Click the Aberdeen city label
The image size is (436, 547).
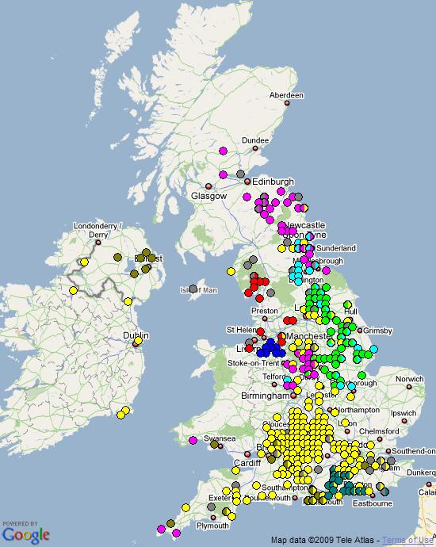click(286, 95)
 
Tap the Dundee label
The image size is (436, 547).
click(255, 140)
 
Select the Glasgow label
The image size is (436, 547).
click(208, 196)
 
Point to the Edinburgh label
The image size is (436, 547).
click(273, 182)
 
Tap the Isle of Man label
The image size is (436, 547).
click(198, 290)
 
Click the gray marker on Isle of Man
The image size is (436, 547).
click(193, 289)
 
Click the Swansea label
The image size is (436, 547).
click(220, 438)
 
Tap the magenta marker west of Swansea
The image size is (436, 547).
click(193, 440)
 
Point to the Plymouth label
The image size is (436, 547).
click(212, 525)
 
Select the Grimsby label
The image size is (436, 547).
click(387, 330)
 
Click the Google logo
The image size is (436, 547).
click(25, 534)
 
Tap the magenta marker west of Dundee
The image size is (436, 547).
click(223, 151)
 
